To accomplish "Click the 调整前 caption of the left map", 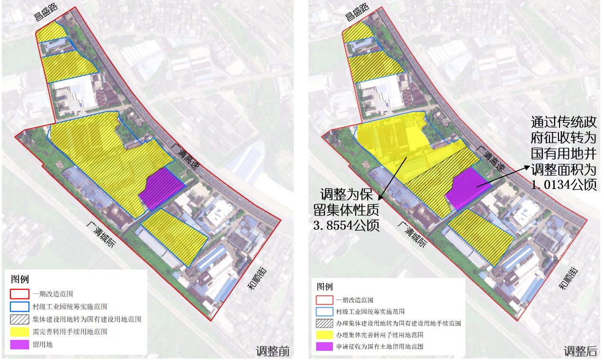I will tap(272, 351).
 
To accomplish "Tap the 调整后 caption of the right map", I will tap(580, 351).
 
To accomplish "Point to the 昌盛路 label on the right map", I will tap(356, 12).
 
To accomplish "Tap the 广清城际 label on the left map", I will tap(100, 235).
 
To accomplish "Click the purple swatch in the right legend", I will tap(325, 347).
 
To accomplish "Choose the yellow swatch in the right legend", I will tap(325, 335).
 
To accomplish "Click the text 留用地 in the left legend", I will tap(43, 344).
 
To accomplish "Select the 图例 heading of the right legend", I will tap(325, 287).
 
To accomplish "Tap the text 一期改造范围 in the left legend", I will tap(53, 294).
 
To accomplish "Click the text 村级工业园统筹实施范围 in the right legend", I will tap(370, 312).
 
